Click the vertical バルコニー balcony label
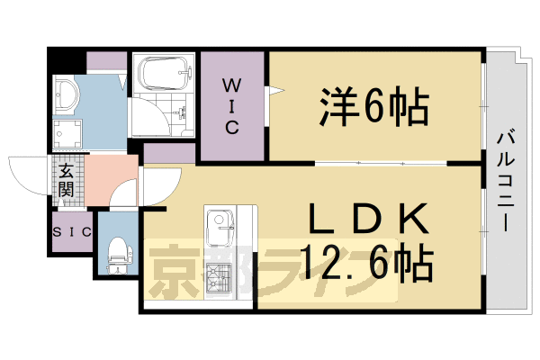pyautogui.click(x=504, y=180)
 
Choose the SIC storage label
pyautogui.click(x=71, y=232)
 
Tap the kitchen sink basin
pyautogui.click(x=219, y=224)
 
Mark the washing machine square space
pyautogui.click(x=67, y=134)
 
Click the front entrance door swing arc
pyautogui.click(x=27, y=171)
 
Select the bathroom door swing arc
pyautogui.click(x=148, y=121)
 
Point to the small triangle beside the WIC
pyautogui.click(x=278, y=89)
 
